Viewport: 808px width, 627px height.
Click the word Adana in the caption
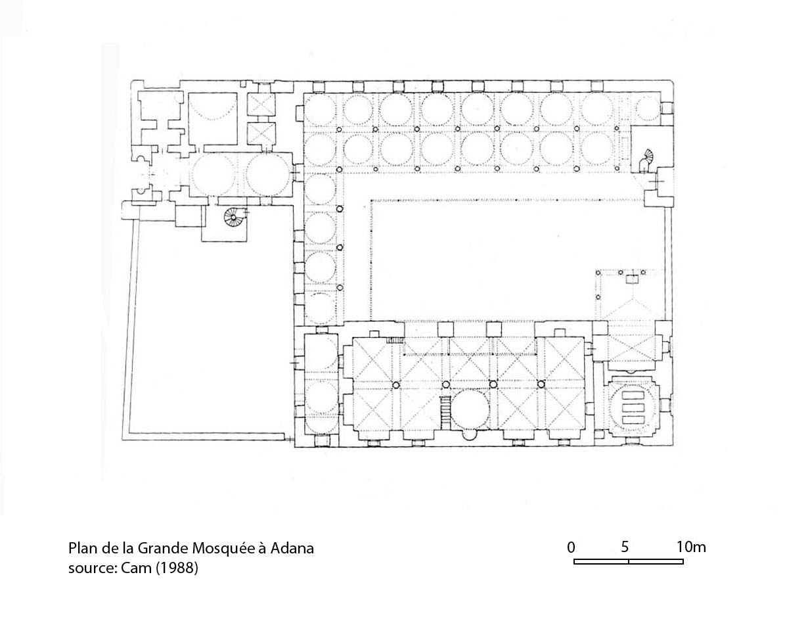coord(292,548)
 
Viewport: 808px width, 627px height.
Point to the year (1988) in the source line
coord(177,568)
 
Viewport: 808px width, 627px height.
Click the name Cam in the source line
coord(136,568)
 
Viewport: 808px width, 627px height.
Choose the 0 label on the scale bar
coord(571,547)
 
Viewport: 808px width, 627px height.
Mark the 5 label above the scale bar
coord(625,547)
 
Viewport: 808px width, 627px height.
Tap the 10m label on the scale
coord(691,547)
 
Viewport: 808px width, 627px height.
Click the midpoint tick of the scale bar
coord(629,561)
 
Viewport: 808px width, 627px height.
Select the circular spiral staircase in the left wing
coord(233,217)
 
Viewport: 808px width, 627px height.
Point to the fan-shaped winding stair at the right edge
coord(646,160)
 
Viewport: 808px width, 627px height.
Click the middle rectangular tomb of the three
coord(633,407)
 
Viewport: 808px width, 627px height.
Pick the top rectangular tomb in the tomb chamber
coord(633,395)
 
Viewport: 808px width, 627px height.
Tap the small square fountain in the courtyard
coord(631,279)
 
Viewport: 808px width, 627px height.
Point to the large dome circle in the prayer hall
coord(470,409)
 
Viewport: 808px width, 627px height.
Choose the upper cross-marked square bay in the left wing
coord(261,104)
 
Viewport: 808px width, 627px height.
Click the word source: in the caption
coord(93,569)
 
